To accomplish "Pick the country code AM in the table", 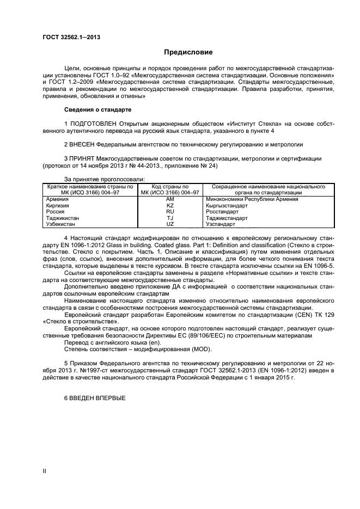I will click(x=169, y=199).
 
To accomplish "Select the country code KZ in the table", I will click(x=169, y=205).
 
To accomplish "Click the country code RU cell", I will click(x=169, y=212).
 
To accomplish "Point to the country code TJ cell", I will click(x=169, y=218).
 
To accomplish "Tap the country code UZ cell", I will click(x=169, y=224).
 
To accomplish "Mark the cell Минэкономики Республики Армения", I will click(x=252, y=199).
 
